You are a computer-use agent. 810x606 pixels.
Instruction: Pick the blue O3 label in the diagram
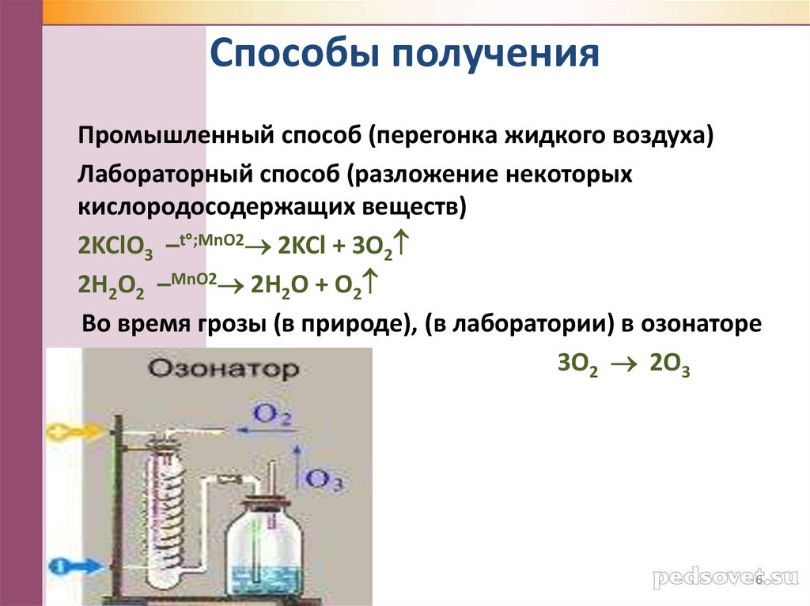pos(324,479)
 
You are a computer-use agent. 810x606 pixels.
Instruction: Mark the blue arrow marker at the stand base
pos(71,566)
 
